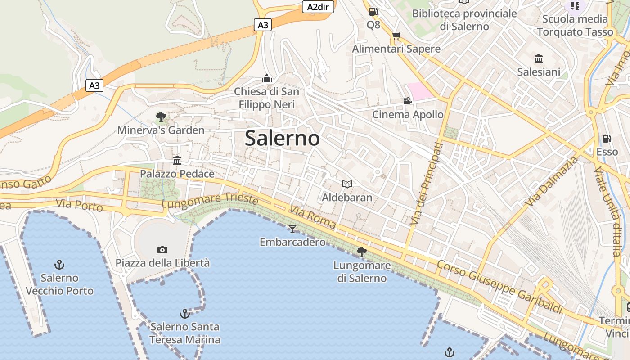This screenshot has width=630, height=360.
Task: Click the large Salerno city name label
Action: point(282,138)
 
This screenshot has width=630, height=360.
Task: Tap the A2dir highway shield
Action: point(318,7)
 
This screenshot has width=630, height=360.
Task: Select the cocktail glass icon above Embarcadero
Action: point(292,229)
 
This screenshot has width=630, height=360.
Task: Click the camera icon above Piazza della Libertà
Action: point(162,250)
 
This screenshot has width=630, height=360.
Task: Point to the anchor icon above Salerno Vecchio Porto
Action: point(59,265)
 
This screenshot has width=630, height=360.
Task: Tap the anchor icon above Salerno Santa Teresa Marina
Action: point(184,313)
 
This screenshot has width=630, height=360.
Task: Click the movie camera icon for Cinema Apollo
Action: point(407,101)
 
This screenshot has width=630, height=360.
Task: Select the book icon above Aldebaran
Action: point(347,184)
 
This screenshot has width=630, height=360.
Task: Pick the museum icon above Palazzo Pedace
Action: point(177,161)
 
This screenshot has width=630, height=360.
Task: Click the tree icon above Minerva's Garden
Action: point(161,117)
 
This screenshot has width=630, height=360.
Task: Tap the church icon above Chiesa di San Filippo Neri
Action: point(267,79)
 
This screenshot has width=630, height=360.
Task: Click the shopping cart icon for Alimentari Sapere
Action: point(396,36)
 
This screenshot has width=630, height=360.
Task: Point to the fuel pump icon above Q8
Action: point(373,12)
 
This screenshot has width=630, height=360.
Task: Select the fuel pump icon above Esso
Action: point(607,139)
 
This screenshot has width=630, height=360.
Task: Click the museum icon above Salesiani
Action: point(539,59)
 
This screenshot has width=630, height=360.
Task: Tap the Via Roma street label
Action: point(313,217)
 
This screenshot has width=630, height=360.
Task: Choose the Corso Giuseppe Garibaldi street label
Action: point(500,287)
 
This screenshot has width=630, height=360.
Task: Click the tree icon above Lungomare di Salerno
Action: point(361,252)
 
